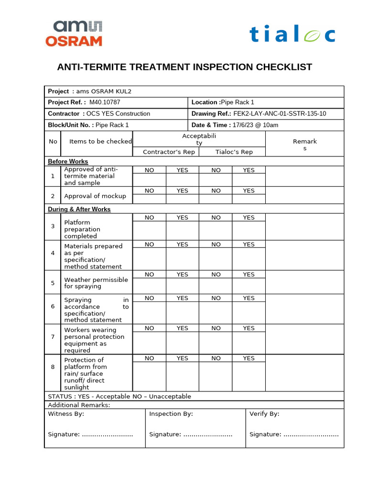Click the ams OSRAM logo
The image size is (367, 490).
[74, 33]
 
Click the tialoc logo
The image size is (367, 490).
[292, 35]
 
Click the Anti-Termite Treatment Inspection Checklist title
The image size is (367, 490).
[184, 67]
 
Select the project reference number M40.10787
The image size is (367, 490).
[105, 102]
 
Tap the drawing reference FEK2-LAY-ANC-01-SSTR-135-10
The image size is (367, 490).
[280, 114]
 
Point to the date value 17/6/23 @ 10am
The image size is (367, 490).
[255, 125]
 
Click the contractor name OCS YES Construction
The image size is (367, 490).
[118, 114]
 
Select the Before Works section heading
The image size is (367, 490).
[68, 162]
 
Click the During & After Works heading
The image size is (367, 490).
[79, 210]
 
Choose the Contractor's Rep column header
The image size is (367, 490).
[166, 152]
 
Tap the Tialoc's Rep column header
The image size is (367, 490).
[232, 152]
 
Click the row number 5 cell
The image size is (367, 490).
[53, 283]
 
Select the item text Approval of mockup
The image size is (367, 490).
[95, 196]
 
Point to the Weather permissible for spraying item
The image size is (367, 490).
[96, 283]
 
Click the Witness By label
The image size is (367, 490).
[66, 414]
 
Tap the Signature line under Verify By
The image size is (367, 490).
[294, 434]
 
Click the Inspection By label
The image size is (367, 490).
[171, 414]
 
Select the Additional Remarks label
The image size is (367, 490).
[79, 405]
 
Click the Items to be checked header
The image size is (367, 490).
[100, 142]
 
